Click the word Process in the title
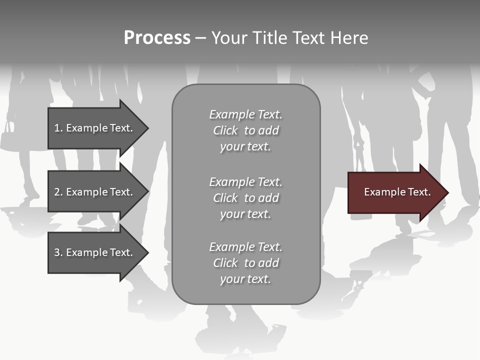tap(157, 38)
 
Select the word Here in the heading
tap(348, 38)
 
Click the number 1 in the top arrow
tap(57, 128)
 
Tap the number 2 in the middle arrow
tap(57, 192)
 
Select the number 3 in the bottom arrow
tap(57, 252)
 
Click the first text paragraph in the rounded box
tap(245, 130)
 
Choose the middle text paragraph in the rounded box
tap(245, 198)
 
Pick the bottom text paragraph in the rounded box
tap(245, 263)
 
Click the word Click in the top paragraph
tap(225, 130)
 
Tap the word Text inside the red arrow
tap(419, 192)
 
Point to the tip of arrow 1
tap(147, 128)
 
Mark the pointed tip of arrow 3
tap(147, 252)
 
